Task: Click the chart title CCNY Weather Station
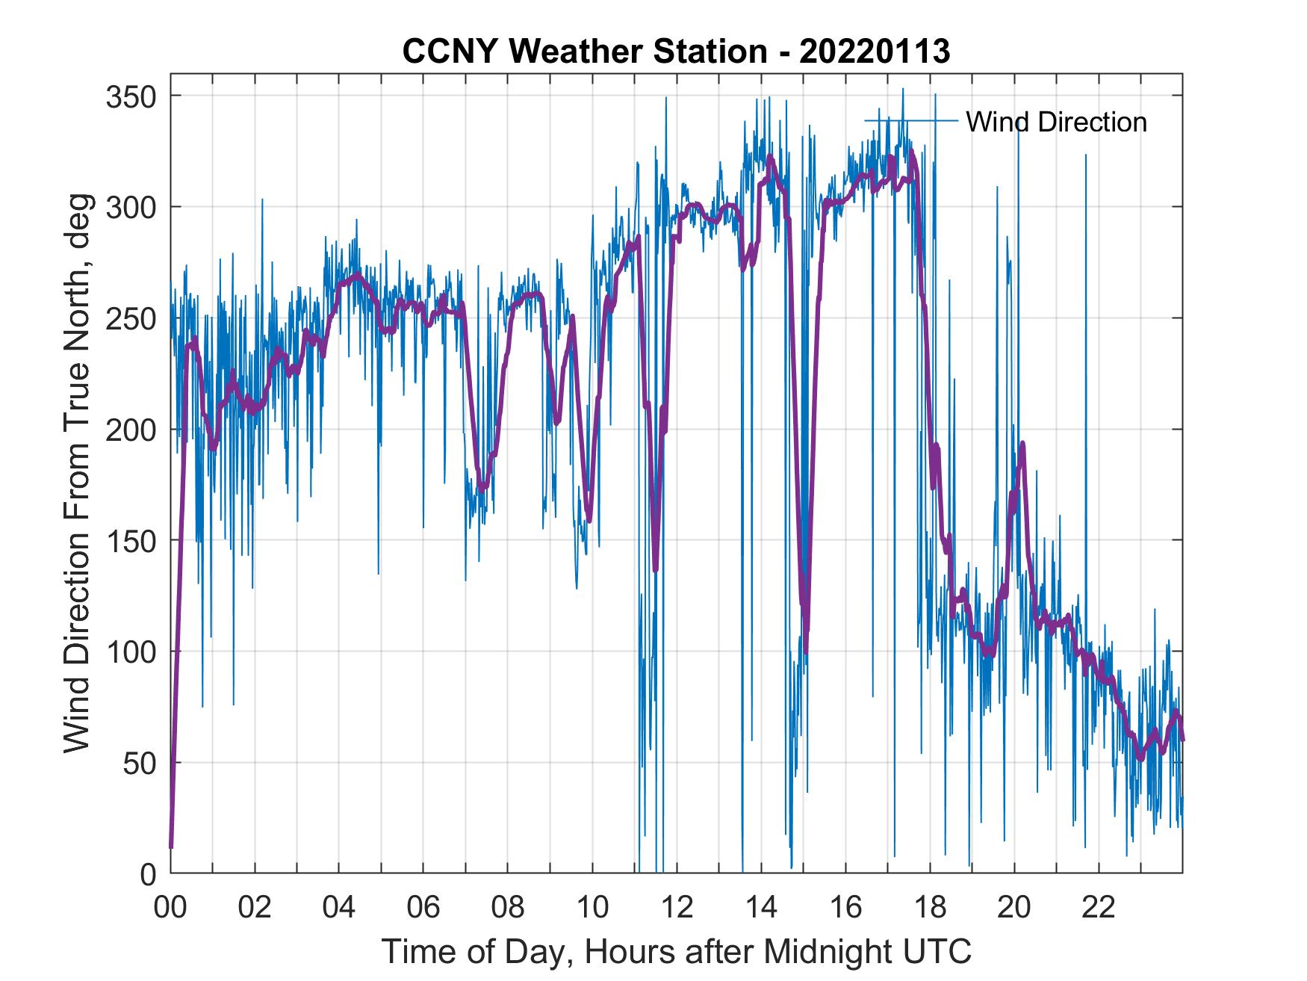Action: coord(676,51)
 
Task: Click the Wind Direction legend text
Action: coord(1056,122)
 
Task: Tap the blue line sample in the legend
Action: coord(911,120)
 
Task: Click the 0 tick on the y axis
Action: coord(149,873)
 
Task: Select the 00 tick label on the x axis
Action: coord(170,908)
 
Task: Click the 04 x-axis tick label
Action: coord(339,908)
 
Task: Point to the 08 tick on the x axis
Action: coord(508,908)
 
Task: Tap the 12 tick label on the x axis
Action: coord(677,908)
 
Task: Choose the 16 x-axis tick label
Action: coord(845,908)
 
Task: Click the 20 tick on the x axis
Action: coord(1014,908)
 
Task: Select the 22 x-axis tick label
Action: coord(1099,908)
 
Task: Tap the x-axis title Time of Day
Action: coord(676,951)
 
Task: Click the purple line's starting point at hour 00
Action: coord(171,846)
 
